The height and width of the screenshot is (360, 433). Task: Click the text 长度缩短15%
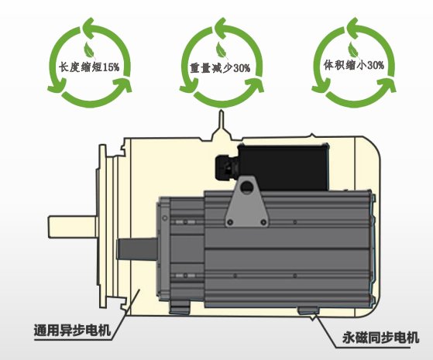[89, 67]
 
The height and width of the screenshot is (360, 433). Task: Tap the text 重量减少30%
[220, 68]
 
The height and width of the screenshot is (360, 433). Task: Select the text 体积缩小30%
[354, 66]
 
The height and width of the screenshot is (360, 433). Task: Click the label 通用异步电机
[72, 330]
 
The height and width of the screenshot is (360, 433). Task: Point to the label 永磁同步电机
[381, 337]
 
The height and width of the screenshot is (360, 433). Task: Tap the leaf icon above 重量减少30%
[222, 50]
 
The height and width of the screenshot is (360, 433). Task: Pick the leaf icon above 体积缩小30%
[353, 50]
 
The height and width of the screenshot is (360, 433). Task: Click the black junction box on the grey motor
[283, 167]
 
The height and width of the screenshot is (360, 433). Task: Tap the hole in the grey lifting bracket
[246, 187]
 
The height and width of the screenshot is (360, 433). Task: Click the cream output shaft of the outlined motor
[73, 227]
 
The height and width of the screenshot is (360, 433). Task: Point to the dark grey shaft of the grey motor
[137, 249]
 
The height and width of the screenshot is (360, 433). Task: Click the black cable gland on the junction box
[226, 167]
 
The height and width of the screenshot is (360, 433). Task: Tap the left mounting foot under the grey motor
[180, 307]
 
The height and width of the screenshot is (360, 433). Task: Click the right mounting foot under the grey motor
[309, 310]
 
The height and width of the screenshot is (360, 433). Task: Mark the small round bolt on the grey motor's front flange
[165, 218]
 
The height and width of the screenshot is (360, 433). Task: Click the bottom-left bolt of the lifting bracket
[230, 222]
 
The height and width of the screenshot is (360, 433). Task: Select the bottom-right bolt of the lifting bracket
[263, 222]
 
